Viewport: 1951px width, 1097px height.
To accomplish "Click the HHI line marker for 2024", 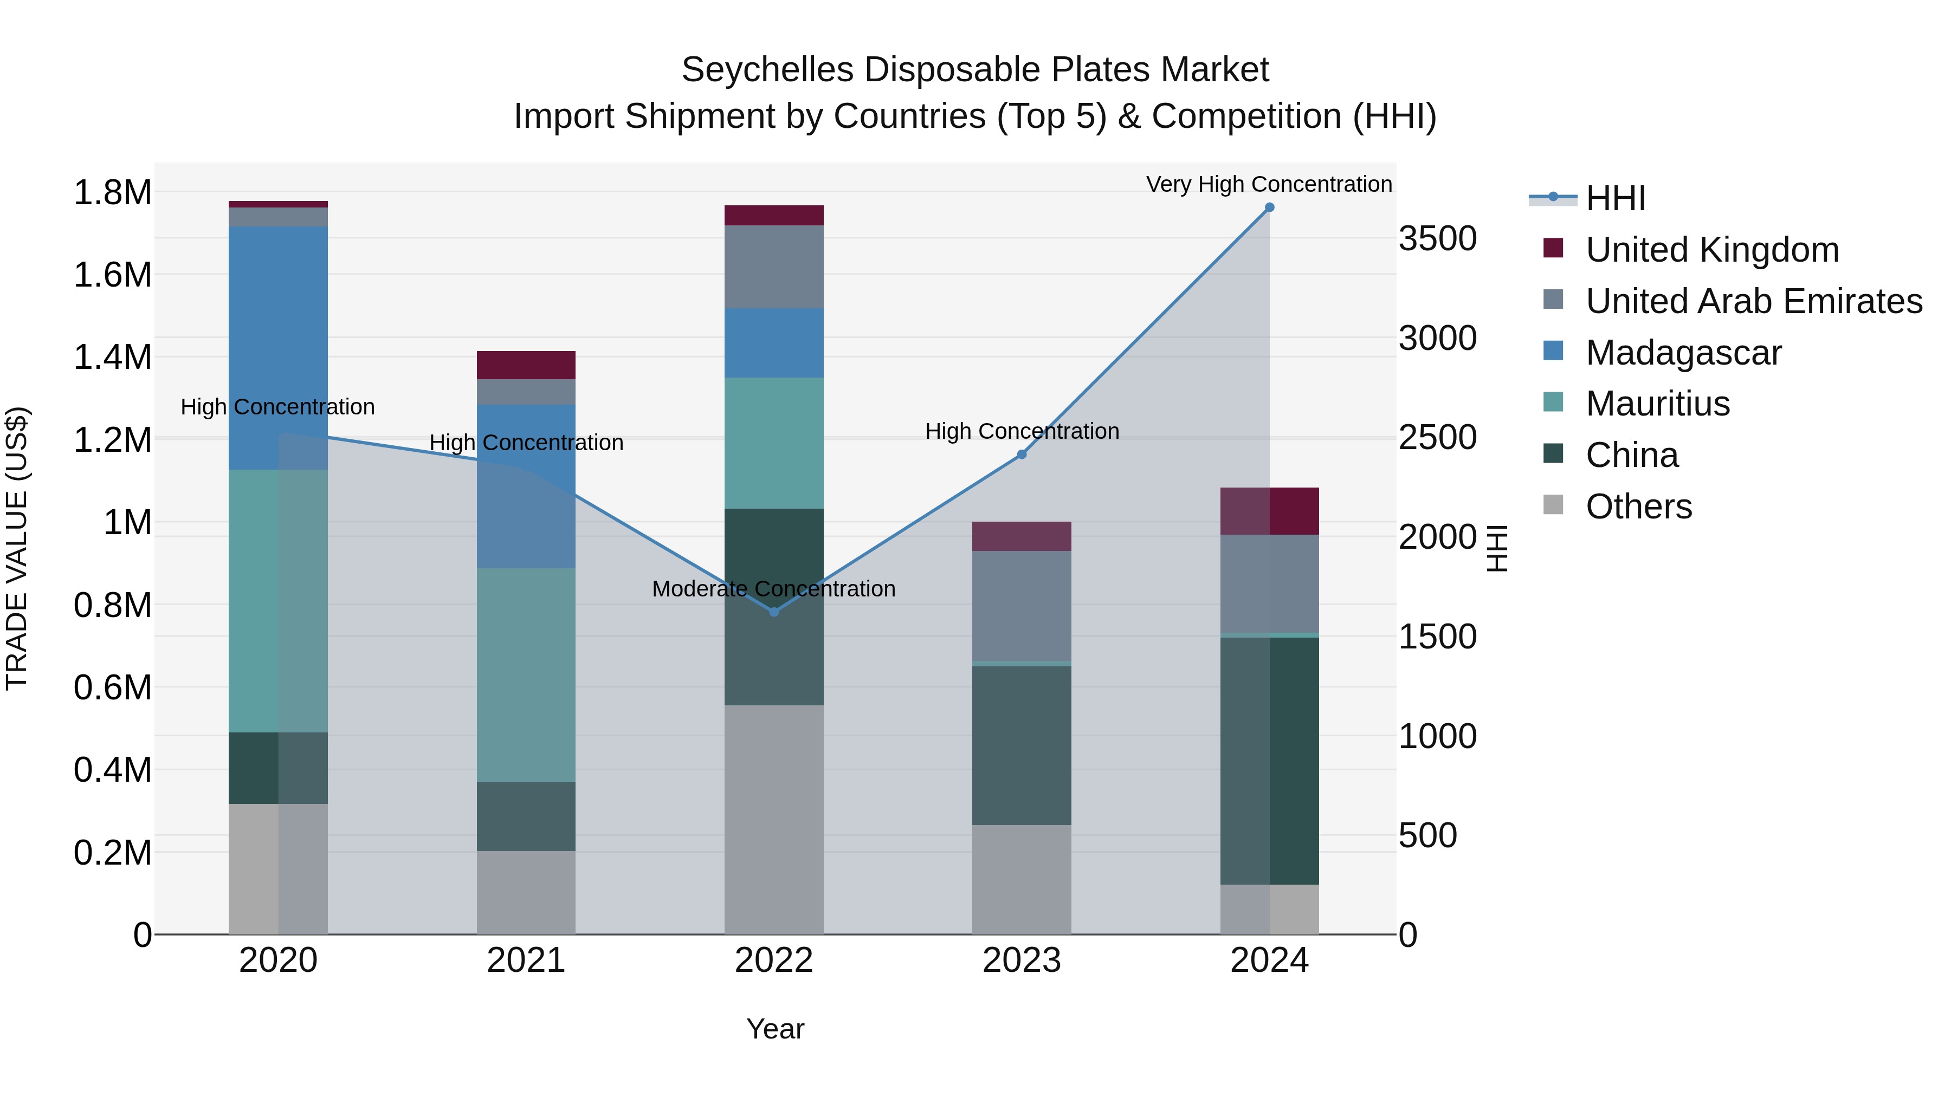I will click(1269, 207).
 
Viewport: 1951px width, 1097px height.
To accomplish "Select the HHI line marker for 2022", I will click(774, 612).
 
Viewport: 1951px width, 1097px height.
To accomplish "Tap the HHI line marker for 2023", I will click(1022, 455).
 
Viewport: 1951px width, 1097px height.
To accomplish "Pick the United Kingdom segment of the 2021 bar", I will click(526, 365).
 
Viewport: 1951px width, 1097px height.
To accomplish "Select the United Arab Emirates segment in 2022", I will click(774, 267).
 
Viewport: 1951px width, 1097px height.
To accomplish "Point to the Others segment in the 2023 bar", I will click(1022, 879).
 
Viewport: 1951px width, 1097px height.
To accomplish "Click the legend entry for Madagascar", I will click(1683, 353).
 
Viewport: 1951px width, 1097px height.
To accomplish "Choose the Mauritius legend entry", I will click(1657, 404).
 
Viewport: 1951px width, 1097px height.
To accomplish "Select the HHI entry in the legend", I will click(1615, 198).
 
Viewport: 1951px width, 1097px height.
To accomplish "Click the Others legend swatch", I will click(1553, 505).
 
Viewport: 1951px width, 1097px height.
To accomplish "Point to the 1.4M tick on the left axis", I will click(113, 358).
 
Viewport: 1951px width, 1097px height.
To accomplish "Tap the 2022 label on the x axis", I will click(774, 960).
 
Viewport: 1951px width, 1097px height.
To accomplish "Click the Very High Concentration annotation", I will click(1269, 184).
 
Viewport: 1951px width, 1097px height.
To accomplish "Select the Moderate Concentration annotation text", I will click(773, 588).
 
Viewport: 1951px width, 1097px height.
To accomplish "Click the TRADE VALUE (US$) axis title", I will click(17, 548).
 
